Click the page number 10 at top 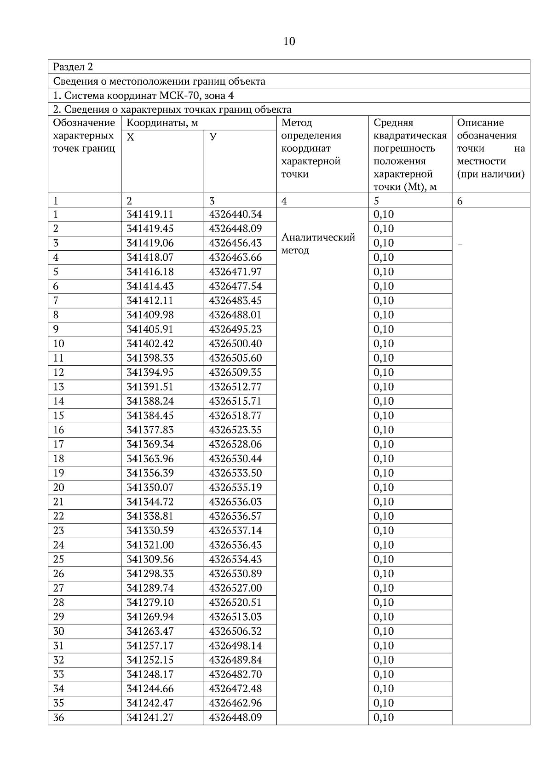click(289, 41)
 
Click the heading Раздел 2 click(73, 67)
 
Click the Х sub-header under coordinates click(131, 137)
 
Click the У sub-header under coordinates click(213, 137)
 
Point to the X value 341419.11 click(150, 214)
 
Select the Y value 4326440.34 click(235, 214)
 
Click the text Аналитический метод click(318, 244)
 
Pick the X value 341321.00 click(150, 545)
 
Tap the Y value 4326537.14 click(235, 531)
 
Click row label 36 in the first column click(59, 718)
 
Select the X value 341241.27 click(150, 718)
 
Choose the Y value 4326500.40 click(235, 344)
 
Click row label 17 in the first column click(59, 444)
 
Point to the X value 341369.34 click(150, 444)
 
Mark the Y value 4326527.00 click(235, 588)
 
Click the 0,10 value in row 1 click(384, 214)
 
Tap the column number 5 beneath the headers click(376, 201)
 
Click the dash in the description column click(460, 244)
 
